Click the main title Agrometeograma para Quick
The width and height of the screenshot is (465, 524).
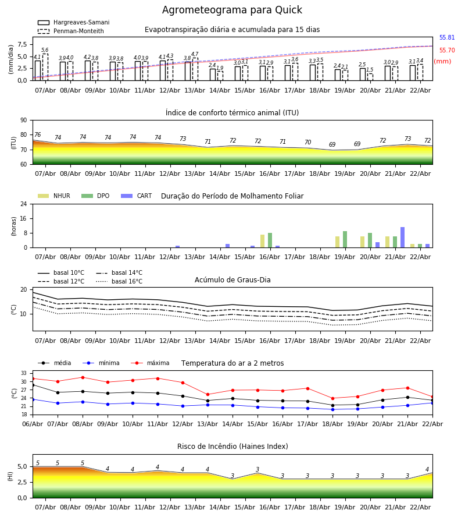[232, 10]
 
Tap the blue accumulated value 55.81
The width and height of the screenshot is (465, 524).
[446, 38]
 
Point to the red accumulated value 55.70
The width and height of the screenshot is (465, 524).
[446, 51]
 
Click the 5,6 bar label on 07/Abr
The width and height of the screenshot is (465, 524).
[45, 50]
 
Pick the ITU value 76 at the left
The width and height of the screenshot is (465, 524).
[37, 135]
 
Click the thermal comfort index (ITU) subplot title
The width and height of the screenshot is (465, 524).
[232, 113]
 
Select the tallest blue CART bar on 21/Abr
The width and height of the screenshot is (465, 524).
[402, 238]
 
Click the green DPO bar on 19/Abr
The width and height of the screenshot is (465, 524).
[345, 239]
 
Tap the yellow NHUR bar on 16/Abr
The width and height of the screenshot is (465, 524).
[262, 241]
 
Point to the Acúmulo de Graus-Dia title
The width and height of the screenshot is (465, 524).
[233, 280]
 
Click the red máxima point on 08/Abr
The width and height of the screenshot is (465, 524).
[83, 377]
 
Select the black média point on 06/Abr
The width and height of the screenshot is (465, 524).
[33, 385]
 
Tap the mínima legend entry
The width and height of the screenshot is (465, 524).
[109, 363]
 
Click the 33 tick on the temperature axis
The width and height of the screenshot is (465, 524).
[24, 373]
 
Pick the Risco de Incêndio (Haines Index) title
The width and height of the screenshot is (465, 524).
[233, 447]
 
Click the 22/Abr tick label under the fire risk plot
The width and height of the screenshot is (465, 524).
[420, 507]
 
